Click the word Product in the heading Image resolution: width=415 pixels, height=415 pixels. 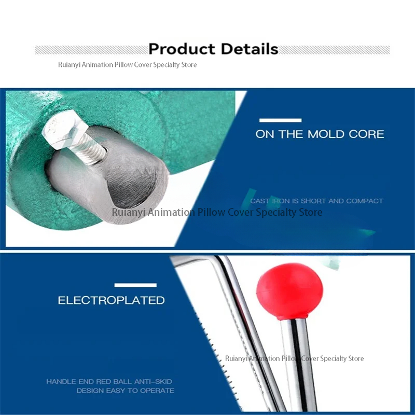(182, 49)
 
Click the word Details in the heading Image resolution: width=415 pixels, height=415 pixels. (250, 49)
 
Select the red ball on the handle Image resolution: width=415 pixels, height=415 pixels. (289, 292)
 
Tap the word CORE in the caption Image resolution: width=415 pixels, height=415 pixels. (366, 134)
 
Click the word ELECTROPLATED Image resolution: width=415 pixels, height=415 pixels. (111, 300)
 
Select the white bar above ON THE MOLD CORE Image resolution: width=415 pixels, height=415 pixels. (280, 120)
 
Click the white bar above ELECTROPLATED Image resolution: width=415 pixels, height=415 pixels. (135, 285)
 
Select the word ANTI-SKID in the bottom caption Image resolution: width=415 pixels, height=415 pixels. (153, 381)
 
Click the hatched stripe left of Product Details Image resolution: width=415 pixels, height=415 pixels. (92, 50)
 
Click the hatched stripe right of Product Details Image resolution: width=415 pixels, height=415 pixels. (334, 50)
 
